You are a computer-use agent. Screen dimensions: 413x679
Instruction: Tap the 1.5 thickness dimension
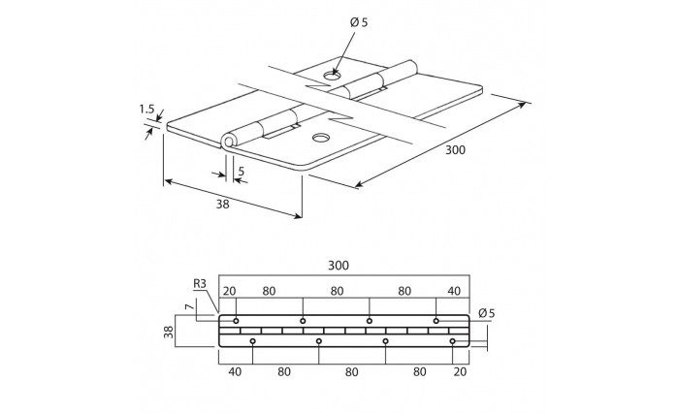click(147, 111)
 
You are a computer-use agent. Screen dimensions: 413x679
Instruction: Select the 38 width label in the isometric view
click(222, 204)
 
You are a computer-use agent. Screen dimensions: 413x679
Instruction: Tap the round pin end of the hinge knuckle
click(229, 143)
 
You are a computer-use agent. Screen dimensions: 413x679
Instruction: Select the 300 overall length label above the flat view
click(339, 265)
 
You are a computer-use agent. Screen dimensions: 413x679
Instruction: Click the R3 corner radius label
click(200, 283)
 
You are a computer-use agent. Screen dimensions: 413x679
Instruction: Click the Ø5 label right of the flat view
click(486, 312)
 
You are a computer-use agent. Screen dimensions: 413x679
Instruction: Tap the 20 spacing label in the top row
click(230, 291)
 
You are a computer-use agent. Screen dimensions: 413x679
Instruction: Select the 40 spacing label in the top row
click(454, 291)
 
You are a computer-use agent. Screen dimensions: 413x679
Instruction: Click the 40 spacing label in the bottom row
click(235, 370)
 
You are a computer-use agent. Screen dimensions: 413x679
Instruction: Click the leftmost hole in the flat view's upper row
click(236, 320)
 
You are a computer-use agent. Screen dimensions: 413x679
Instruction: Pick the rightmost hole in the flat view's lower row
click(453, 341)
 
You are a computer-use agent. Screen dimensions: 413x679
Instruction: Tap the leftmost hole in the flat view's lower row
click(253, 341)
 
